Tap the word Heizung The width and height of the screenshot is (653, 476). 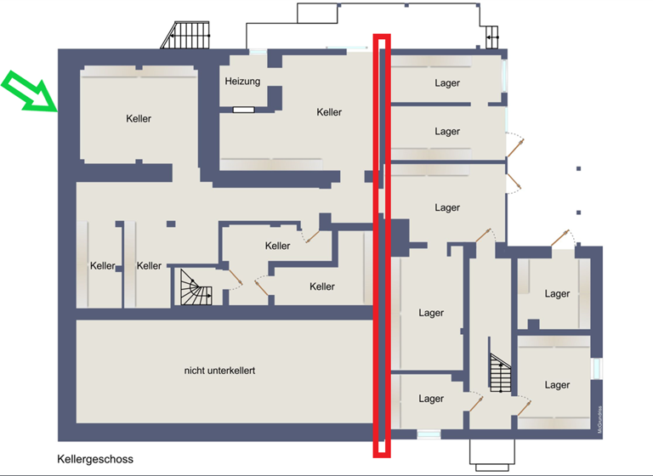(242, 82)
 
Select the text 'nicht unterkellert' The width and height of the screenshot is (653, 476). (219, 371)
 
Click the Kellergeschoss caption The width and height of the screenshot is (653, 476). (95, 459)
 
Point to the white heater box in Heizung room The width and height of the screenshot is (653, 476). (244, 110)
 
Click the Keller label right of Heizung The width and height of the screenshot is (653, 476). (329, 112)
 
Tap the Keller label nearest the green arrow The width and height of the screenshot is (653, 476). (139, 118)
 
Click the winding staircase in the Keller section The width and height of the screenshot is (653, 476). (196, 286)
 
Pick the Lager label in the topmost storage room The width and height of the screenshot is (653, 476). (447, 83)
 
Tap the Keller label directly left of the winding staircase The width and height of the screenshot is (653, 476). (150, 266)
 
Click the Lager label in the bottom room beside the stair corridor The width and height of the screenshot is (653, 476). (431, 399)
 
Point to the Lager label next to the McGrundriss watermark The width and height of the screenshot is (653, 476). (557, 385)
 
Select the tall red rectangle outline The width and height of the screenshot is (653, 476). (383, 245)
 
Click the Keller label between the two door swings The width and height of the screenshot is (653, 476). (278, 246)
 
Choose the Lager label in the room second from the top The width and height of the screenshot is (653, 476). (447, 132)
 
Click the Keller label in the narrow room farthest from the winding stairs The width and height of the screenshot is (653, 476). (102, 266)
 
